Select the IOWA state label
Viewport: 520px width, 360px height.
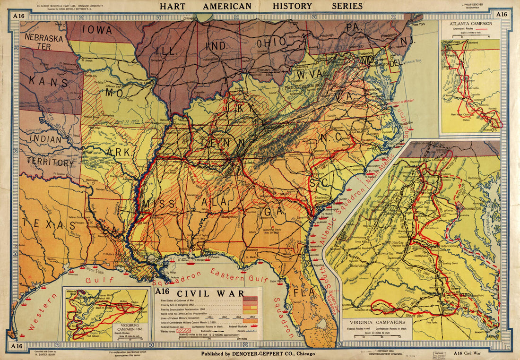coord(98,29)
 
